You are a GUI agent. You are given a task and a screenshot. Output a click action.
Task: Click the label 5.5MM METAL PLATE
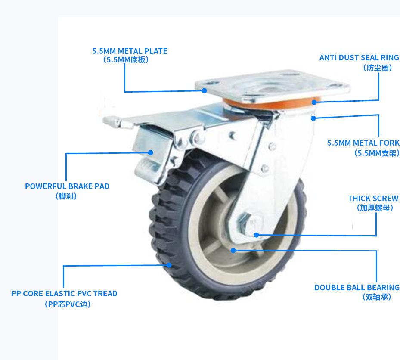coord(130,51)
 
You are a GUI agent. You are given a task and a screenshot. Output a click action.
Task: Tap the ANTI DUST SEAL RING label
coord(359,57)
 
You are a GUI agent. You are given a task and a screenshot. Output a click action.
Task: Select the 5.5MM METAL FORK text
coord(363,143)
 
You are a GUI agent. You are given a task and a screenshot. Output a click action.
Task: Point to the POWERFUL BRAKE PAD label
coord(67,186)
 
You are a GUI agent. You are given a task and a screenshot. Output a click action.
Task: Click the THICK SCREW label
coord(373,198)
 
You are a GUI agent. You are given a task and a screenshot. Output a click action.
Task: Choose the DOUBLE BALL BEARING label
coord(357,287)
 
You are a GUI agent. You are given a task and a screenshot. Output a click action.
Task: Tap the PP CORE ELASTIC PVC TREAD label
coord(64,293)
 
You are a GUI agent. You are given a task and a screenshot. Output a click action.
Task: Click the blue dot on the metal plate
coord(205,90)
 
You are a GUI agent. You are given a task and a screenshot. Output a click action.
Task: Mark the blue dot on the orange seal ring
coord(314,102)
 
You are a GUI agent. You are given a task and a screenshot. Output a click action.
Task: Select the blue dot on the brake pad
coord(151,152)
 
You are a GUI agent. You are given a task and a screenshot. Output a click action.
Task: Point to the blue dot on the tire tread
coord(169,265)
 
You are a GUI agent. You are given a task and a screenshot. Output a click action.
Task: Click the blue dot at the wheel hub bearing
coord(233,250)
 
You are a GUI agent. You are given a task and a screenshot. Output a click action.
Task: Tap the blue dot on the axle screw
coord(256,235)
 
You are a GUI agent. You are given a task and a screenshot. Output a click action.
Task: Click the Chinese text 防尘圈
coord(378,68)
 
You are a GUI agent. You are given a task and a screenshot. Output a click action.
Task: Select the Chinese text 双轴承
coord(377,297)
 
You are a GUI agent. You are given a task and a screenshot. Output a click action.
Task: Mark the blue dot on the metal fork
coord(313,118)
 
